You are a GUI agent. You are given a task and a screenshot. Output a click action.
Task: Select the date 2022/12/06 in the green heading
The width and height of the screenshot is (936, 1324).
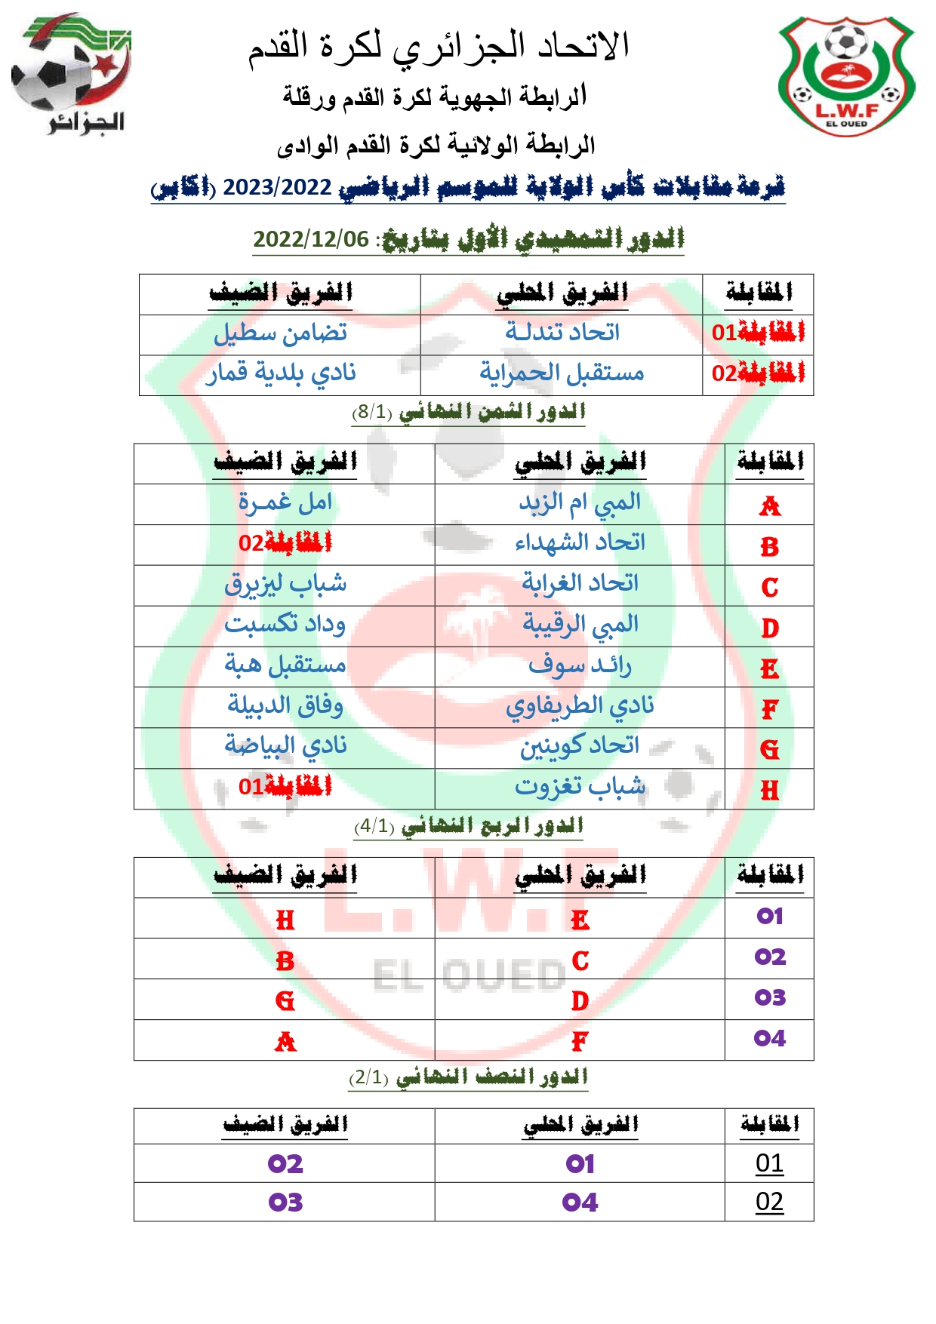click(311, 239)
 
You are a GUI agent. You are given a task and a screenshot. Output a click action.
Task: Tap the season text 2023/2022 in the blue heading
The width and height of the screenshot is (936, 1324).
click(277, 187)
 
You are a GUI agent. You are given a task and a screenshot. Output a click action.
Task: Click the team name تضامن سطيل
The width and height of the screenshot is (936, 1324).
click(280, 333)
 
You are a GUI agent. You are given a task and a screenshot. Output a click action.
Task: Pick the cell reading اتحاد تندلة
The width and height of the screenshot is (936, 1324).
click(562, 333)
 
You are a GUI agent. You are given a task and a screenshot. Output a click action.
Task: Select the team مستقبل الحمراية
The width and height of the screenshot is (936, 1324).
click(562, 373)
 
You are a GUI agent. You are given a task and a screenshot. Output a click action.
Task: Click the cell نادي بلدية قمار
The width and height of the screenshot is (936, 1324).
click(280, 373)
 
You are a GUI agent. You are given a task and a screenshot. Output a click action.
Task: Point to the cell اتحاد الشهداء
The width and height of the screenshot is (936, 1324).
click(580, 543)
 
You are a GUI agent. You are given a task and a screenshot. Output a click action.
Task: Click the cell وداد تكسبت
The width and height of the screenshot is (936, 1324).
click(285, 625)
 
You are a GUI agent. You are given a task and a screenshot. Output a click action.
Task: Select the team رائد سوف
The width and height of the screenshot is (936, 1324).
click(580, 665)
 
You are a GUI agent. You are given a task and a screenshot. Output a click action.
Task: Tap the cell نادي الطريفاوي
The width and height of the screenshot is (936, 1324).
click(580, 706)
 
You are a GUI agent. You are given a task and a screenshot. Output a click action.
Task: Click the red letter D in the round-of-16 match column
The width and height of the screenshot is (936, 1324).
click(769, 628)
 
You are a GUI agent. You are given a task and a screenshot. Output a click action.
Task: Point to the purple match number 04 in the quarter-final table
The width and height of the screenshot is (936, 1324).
click(769, 1039)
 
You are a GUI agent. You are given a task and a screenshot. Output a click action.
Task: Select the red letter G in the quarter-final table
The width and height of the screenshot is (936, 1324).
click(285, 1001)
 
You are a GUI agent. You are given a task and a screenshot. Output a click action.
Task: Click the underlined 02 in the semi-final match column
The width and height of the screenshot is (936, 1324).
click(769, 1201)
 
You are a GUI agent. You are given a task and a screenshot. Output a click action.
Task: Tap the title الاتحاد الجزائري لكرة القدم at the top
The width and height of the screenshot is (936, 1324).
click(439, 47)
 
